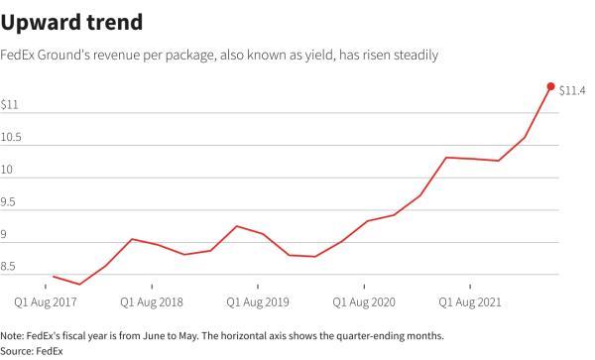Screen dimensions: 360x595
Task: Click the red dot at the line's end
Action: coord(550,87)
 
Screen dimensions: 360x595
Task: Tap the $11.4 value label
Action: coord(572,91)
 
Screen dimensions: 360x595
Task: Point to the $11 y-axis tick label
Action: coord(10,105)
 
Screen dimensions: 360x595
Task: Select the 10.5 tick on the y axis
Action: coord(13,138)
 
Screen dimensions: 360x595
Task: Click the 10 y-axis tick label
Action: coord(8,171)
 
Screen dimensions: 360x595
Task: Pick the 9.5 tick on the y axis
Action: coord(10,202)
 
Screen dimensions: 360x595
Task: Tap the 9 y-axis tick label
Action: coord(5,235)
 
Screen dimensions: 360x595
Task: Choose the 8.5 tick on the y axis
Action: coord(10,267)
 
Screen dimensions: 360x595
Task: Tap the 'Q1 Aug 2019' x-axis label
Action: coord(260,300)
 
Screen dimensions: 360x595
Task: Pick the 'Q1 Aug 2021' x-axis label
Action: coord(471,300)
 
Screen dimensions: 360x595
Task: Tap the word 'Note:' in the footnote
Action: coord(15,335)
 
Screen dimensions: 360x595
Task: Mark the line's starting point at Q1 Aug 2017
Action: coord(54,277)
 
